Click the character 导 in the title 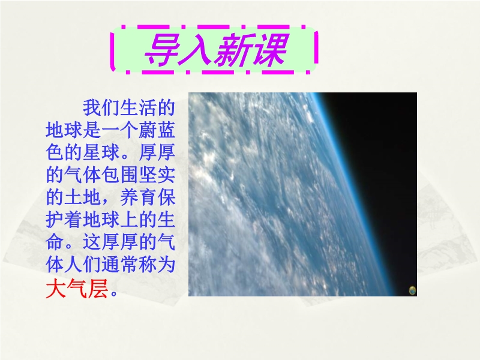pos(162,50)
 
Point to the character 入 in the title pos(197,50)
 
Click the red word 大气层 pos(77,289)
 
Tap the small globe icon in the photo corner pos(412,290)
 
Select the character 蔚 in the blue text pos(148,130)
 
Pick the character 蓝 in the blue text pos(166,130)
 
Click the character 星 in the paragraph pos(92,152)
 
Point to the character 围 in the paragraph pos(129,175)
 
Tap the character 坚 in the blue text pos(148,175)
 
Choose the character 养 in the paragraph pos(129,197)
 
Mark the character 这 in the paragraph pos(92,242)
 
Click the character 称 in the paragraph pos(148,264)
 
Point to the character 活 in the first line pos(148,108)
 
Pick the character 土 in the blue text pos(73,197)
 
